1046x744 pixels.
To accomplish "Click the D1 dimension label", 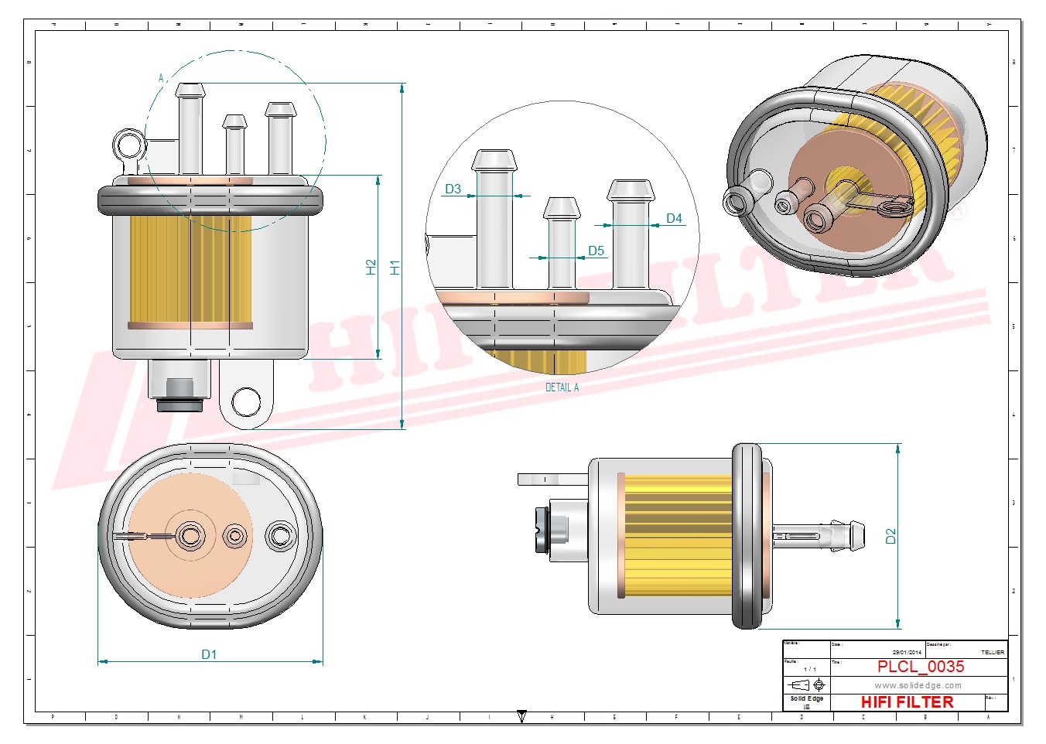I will [209, 654].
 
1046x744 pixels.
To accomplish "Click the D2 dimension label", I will [890, 536].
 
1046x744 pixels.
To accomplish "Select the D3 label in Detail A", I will [453, 189].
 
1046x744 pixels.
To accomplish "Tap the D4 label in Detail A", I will [674, 219].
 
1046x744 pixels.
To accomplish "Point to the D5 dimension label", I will [596, 251].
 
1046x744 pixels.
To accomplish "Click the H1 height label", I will [395, 267].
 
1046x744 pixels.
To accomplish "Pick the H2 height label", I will [371, 267].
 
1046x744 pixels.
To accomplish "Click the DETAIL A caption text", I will [562, 387].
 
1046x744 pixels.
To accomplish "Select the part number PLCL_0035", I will [920, 667].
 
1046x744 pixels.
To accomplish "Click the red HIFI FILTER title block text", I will [907, 702].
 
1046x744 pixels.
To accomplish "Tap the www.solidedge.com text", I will [918, 685].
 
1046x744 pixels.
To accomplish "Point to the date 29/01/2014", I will [907, 653].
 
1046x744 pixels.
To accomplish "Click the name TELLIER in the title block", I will [992, 653].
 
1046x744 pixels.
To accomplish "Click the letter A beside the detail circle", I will [161, 78].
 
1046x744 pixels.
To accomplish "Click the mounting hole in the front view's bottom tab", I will [246, 401].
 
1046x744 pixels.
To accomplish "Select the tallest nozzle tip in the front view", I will [190, 90].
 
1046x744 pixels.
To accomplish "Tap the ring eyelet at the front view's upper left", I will [129, 145].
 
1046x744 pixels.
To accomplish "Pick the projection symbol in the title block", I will [806, 684].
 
